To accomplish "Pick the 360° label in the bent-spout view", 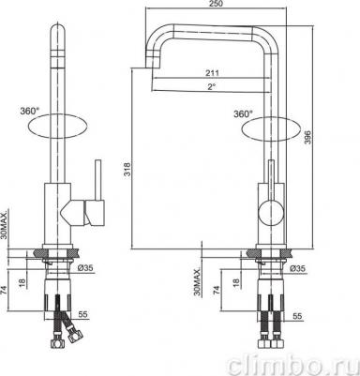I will click(x=244, y=113).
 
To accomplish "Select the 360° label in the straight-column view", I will click(x=28, y=111).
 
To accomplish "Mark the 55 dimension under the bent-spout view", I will click(x=296, y=317).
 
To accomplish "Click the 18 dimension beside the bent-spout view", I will click(x=233, y=280).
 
